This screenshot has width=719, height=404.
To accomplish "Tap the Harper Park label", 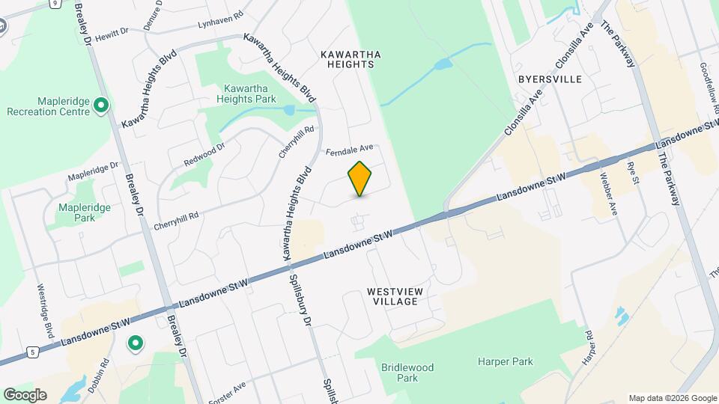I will pos(506,362).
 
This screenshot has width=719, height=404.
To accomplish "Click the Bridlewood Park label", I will pos(407,373).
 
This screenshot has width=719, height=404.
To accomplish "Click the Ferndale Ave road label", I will pos(349,152).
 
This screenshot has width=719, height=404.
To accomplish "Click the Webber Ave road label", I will pos(608,194).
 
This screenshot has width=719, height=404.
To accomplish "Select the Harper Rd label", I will pos(589,349).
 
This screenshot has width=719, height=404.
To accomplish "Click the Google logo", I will pos(25,394).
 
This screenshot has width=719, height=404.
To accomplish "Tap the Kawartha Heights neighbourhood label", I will pos(346,59).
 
